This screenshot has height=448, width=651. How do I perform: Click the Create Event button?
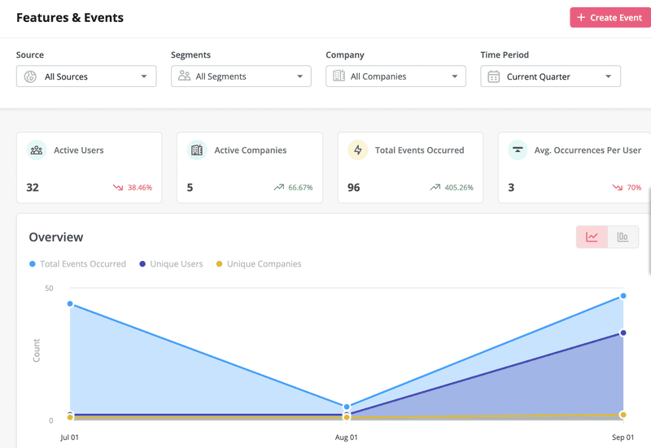coord(609,17)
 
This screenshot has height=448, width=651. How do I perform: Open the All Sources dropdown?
coord(86,76)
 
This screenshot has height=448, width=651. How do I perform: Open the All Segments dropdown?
coord(241,76)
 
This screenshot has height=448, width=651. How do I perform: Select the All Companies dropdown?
coord(395,76)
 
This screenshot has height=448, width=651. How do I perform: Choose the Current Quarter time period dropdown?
coord(550,76)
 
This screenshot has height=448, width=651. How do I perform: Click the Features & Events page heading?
coord(70,17)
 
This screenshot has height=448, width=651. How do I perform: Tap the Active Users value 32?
coord(33,187)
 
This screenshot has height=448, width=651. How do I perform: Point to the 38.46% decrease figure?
coord(139,188)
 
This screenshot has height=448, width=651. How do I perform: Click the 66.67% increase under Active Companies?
coord(299,188)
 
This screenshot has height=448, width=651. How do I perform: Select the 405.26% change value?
coord(457,188)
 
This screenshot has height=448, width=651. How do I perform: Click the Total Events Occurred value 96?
coord(354,187)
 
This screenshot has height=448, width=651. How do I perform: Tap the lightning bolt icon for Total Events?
coord(358,150)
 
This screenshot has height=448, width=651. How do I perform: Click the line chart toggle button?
coord(592,237)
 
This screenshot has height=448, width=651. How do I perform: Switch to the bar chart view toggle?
coord(623,237)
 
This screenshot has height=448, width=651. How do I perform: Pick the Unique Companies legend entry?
coord(258,264)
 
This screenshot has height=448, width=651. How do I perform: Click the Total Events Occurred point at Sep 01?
coord(623,296)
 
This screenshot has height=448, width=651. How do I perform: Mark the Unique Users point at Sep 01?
coord(623,333)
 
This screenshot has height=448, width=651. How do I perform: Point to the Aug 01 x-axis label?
coord(347,437)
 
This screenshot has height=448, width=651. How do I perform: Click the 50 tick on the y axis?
coord(49,289)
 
